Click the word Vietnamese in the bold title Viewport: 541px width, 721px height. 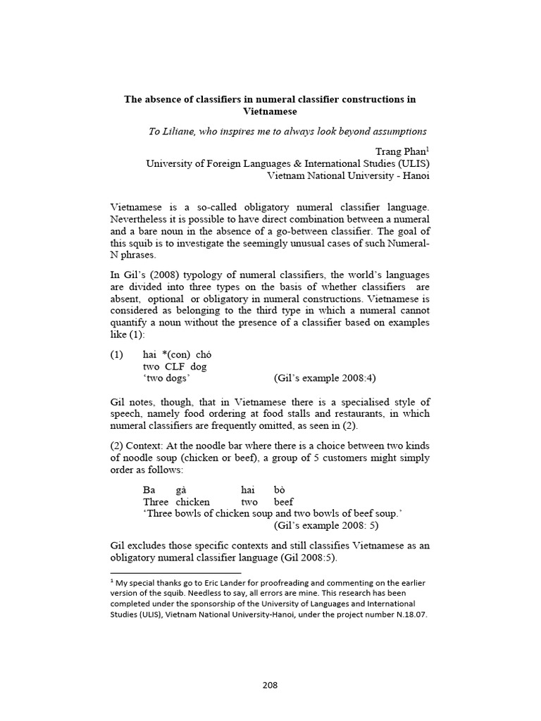click(270, 112)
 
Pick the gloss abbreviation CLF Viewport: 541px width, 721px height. click(176, 366)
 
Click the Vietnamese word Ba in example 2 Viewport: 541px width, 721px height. click(149, 489)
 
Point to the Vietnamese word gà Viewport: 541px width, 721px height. click(182, 489)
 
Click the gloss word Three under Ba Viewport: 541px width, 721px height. click(156, 501)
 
